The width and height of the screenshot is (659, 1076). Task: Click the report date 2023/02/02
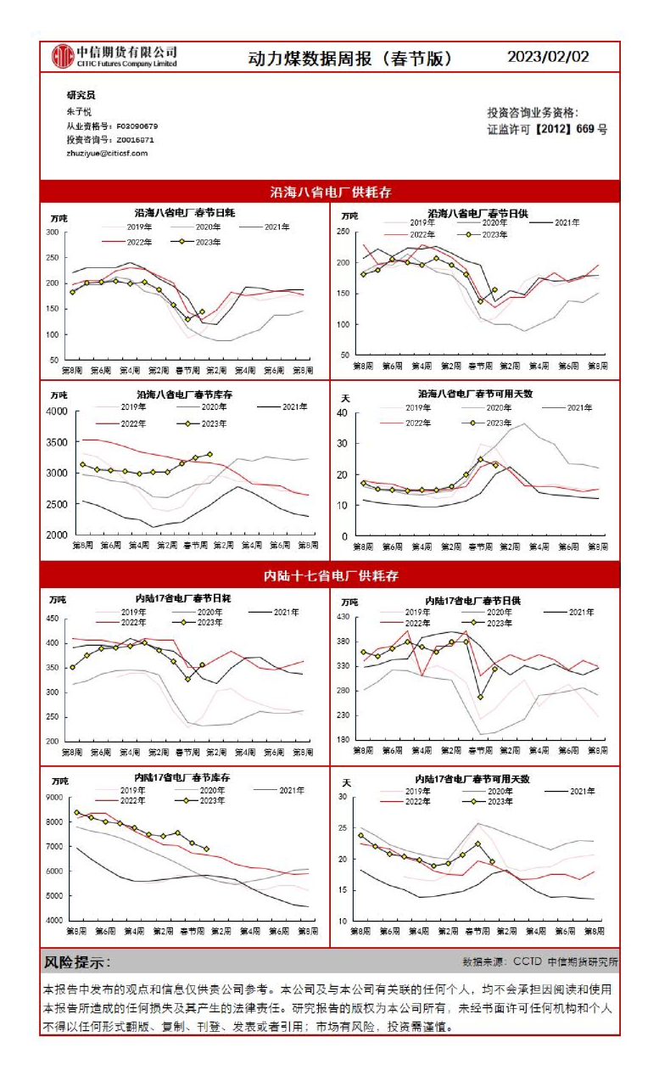click(548, 57)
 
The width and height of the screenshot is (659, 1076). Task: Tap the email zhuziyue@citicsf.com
click(107, 153)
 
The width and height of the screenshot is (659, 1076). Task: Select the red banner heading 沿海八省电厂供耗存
click(330, 192)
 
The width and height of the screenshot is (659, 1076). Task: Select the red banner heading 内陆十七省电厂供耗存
click(330, 576)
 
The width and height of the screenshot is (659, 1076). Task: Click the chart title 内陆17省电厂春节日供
click(472, 600)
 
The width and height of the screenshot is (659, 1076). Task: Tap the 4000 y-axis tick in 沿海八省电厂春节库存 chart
click(55, 412)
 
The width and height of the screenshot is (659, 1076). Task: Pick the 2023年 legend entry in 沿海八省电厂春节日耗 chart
click(204, 242)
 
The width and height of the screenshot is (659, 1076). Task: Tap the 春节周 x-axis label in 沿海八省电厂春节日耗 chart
click(187, 371)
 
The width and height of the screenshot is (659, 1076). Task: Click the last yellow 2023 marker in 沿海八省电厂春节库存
click(210, 455)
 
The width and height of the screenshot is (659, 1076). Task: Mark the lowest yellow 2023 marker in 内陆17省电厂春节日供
click(481, 697)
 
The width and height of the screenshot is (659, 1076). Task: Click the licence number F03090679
click(137, 126)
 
